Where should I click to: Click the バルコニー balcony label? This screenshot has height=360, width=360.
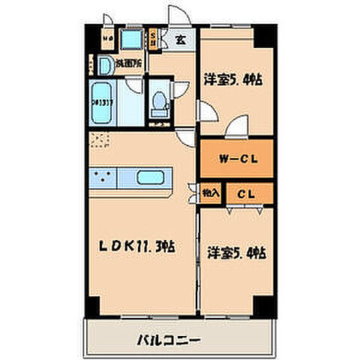pyautogui.click(x=167, y=340)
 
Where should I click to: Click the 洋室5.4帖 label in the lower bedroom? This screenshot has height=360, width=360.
pyautogui.click(x=235, y=253)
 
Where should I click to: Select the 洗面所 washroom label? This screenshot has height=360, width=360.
pyautogui.click(x=130, y=64)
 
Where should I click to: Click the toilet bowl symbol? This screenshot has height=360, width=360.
pyautogui.click(x=158, y=103)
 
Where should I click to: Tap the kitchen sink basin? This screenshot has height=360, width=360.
pyautogui.click(x=154, y=179)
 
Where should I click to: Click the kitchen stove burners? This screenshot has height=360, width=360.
pyautogui.click(x=103, y=178)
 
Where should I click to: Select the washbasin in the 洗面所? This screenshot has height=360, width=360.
pyautogui.click(x=105, y=66)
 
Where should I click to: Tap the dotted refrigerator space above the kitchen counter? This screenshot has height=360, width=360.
pyautogui.click(x=99, y=139)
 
